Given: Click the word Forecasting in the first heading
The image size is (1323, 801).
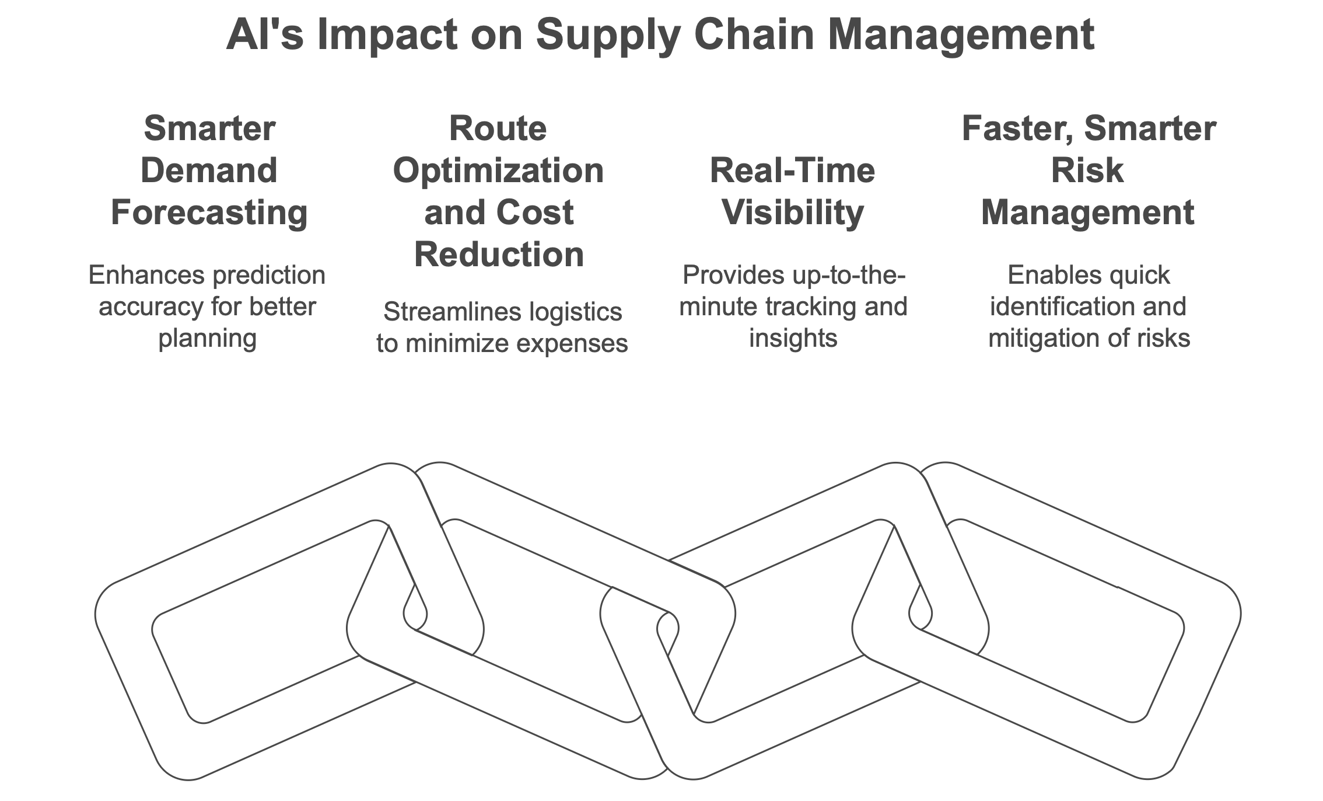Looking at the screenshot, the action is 209,213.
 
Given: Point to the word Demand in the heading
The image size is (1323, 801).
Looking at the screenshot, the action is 209,170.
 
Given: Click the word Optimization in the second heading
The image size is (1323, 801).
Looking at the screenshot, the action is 499,172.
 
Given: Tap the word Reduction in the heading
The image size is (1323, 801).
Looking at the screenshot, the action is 499,255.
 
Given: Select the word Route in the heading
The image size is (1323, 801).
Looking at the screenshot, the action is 498,128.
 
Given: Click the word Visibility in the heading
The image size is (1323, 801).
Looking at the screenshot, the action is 793,213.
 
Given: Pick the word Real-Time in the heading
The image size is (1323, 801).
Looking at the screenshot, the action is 793,170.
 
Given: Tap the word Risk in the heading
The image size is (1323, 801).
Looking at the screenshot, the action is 1088,170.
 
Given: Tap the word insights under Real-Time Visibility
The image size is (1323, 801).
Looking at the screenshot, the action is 793,339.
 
